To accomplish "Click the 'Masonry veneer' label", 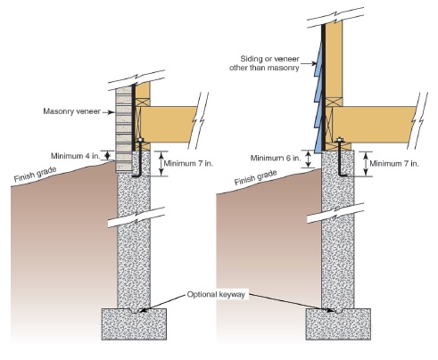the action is point(71,111).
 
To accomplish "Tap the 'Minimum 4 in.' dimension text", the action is point(76,156).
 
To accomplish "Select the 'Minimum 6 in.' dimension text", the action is point(276,158).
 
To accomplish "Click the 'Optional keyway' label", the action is point(216,294).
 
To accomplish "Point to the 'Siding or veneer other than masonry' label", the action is point(264,63).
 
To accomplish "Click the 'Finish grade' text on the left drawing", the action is point(35,175).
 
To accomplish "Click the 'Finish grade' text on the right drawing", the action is point(255,177).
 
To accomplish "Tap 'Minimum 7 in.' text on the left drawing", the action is point(188,163).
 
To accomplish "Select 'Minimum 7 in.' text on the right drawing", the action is point(394,163).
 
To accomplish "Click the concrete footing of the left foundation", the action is point(134,324).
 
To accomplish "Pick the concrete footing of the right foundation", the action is point(338,324).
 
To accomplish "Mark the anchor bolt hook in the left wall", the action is point(137,175).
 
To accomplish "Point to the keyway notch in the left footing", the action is point(134,310).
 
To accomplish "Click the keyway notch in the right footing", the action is point(338,310).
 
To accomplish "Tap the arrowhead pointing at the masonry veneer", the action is point(112,112).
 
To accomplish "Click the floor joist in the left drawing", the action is point(168,125).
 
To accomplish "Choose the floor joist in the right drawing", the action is point(374,125).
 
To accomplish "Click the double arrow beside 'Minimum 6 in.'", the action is point(309,160).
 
